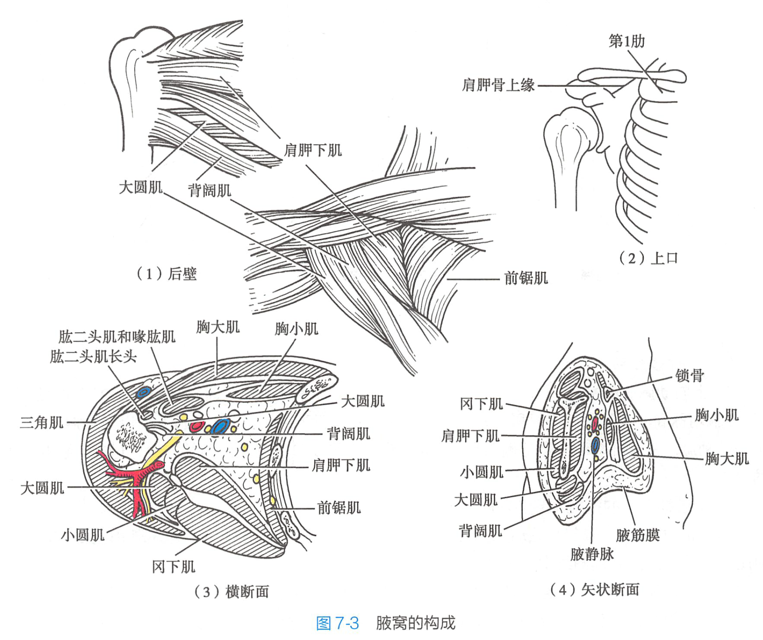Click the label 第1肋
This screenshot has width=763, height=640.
pyautogui.click(x=626, y=41)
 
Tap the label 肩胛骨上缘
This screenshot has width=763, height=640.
pyautogui.click(x=498, y=85)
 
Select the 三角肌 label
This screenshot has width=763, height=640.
pyautogui.click(x=42, y=422)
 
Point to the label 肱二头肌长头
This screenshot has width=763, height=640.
pyautogui.click(x=93, y=356)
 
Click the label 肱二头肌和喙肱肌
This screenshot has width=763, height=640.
pyautogui.click(x=117, y=337)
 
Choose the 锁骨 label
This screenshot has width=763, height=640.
pyautogui.click(x=689, y=376)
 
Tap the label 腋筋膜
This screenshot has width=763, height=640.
pyautogui.click(x=638, y=535)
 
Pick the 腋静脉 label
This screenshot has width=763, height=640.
pyautogui.click(x=592, y=554)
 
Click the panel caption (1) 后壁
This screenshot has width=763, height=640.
pyautogui.click(x=166, y=273)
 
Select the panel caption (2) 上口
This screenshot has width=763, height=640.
pyautogui.click(x=648, y=258)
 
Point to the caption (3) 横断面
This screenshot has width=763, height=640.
pyautogui.click(x=231, y=591)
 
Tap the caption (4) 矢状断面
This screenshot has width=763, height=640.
pyautogui.click(x=594, y=589)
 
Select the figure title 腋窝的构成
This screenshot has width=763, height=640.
pyautogui.click(x=415, y=623)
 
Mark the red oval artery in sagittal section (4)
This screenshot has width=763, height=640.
pyautogui.click(x=595, y=424)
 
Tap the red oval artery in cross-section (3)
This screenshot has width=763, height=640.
pyautogui.click(x=197, y=427)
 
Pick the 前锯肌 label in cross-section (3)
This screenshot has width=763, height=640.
pyautogui.click(x=339, y=508)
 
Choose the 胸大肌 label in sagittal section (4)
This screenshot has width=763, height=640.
pyautogui.click(x=727, y=458)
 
